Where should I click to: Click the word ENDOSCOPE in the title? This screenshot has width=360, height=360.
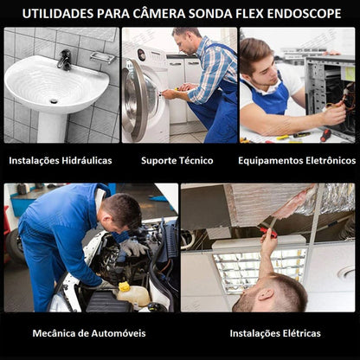[304, 14]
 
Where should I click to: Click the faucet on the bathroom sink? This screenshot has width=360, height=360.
[65, 60]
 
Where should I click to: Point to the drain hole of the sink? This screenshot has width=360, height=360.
[54, 101]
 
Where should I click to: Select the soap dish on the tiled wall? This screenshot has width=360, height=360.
[103, 57]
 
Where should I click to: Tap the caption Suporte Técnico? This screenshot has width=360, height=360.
[177, 160]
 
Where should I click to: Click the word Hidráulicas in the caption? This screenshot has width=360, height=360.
[87, 160]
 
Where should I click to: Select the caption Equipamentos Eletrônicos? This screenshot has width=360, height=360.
[297, 160]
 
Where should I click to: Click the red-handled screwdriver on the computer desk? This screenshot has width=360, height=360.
[325, 135]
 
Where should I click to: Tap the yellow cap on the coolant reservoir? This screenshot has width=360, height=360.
[125, 286]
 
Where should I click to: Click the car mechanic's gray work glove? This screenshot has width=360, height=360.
[133, 247]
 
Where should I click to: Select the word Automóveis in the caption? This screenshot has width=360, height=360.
[119, 333]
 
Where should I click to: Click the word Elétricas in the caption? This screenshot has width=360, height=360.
[301, 333]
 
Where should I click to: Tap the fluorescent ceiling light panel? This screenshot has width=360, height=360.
[260, 270]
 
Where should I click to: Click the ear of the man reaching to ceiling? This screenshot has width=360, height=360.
[266, 294]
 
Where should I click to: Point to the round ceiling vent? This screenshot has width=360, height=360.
[346, 273]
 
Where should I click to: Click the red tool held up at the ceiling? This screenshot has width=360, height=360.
[268, 232]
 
